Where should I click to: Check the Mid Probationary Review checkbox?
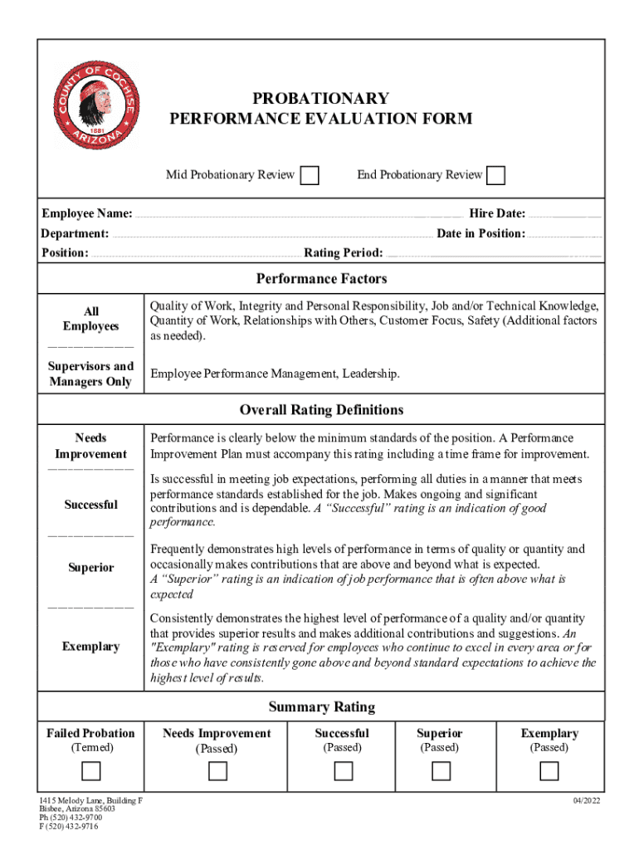(309, 175)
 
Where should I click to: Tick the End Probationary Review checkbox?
(495, 175)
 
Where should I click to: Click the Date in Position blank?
(564, 236)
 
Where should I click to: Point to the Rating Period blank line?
(494, 254)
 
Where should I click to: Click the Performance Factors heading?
(321, 279)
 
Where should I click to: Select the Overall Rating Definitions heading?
(321, 410)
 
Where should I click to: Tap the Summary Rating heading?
(321, 707)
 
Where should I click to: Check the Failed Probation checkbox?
(90, 771)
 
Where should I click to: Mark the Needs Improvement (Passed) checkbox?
(217, 771)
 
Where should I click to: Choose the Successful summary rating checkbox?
(344, 771)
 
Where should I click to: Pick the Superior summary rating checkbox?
(441, 771)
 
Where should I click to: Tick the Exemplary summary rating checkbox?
(549, 771)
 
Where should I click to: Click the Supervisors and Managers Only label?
(90, 374)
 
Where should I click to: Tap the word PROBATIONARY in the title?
(321, 100)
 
